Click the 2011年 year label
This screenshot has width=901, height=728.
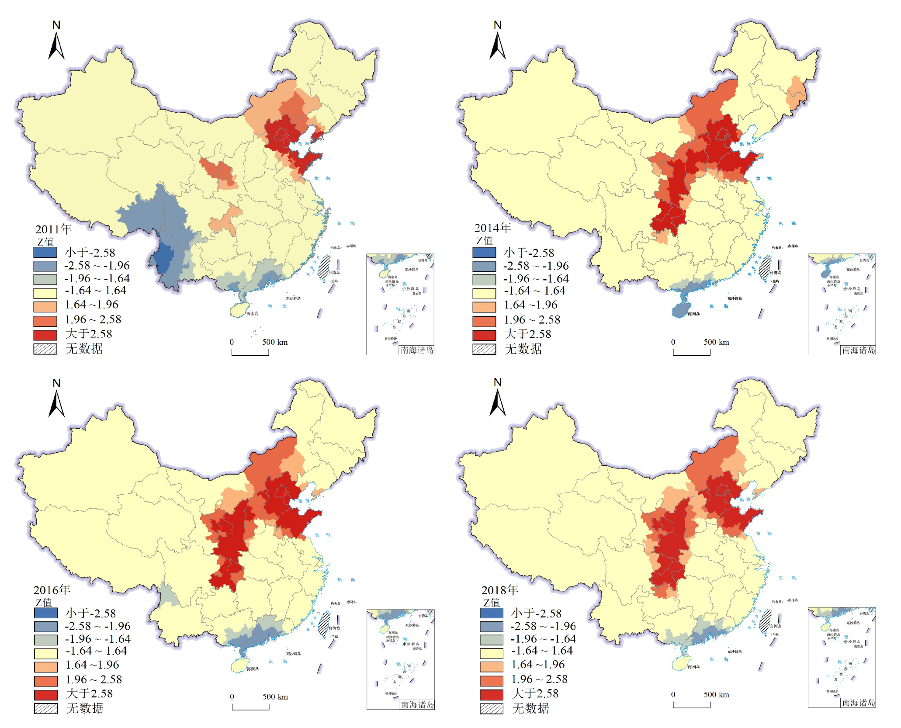53,229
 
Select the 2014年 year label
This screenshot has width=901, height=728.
492,228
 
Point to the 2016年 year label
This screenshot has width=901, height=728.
52,590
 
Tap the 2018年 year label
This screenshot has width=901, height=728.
500,590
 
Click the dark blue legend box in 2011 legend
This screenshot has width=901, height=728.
45,252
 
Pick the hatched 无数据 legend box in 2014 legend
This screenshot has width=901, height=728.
484,349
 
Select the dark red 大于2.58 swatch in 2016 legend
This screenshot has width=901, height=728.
46,694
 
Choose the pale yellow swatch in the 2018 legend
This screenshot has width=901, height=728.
491,653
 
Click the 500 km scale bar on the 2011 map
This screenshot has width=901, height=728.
250,353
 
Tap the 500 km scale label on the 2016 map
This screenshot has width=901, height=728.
275,697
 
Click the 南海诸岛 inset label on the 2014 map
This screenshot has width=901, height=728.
858,350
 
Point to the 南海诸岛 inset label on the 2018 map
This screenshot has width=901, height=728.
858,702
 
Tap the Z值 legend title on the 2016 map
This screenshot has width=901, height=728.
44,602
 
